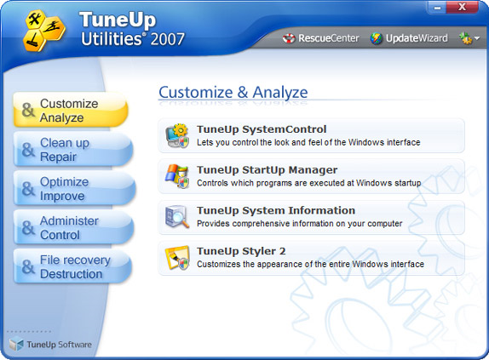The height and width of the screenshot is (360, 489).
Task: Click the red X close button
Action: [463, 7]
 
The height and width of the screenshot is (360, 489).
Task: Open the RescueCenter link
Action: [320, 38]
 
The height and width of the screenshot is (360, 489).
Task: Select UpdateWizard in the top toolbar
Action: [409, 38]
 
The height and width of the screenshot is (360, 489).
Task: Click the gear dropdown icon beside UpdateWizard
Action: [469, 38]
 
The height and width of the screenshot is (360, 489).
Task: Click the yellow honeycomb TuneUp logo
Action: [44, 31]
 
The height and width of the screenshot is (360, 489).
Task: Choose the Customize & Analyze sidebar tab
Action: [71, 111]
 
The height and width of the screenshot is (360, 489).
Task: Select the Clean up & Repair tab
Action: [73, 150]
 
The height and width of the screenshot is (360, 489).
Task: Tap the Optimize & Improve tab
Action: [74, 189]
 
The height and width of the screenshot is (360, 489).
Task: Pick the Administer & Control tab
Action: [73, 227]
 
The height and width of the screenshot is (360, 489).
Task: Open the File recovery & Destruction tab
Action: [73, 266]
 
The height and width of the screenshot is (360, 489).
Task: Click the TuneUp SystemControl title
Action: [262, 129]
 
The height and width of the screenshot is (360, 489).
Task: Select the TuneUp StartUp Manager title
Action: [267, 170]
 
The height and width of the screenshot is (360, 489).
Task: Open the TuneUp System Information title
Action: [276, 210]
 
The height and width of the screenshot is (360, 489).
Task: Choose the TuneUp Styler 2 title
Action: [241, 251]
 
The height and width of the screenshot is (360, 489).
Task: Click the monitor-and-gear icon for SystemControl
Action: [177, 136]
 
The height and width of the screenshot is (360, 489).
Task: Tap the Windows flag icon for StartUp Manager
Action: [177, 176]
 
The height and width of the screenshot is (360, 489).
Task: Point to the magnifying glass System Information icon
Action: [177, 217]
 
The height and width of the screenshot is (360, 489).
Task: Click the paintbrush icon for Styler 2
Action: [177, 258]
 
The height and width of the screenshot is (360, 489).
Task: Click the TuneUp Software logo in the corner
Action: [50, 344]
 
